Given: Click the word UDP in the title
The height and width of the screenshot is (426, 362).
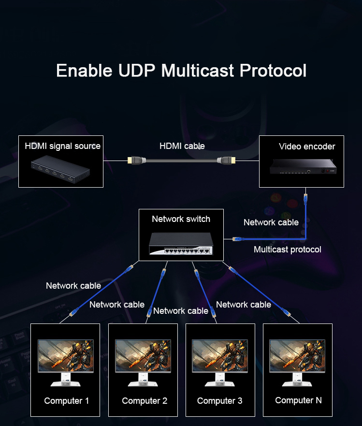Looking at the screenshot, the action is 137,71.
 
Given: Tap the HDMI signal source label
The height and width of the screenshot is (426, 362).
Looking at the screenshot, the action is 62,146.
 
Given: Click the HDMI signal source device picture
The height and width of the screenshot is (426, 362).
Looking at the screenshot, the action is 60,169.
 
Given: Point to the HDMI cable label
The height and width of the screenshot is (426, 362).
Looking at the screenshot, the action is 182,146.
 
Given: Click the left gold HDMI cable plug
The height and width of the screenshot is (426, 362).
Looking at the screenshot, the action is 136,160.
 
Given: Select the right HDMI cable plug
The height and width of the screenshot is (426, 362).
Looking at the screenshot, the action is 226,160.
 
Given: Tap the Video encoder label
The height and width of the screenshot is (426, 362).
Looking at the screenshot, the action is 307,147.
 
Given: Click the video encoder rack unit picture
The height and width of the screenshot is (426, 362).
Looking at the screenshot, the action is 303,166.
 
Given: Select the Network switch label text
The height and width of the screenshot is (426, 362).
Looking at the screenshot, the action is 181,219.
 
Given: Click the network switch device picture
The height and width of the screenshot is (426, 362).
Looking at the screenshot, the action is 181,244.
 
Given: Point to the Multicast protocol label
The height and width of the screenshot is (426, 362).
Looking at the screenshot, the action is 287,250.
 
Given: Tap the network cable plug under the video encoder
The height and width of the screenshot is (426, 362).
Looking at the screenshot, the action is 305,199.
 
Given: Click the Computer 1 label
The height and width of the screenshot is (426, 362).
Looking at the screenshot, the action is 67,401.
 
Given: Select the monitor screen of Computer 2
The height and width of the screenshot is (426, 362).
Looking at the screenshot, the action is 143,355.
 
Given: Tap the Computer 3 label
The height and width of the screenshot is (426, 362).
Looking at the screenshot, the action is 219,401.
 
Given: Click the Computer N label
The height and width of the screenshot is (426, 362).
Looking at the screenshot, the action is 298,400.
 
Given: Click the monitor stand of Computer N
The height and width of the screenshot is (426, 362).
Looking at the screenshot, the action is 297,379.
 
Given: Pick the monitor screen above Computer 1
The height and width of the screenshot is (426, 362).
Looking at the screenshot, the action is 66,355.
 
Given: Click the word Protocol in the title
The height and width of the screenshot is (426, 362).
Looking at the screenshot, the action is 273,71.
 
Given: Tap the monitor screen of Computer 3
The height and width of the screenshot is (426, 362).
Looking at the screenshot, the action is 220,355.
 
